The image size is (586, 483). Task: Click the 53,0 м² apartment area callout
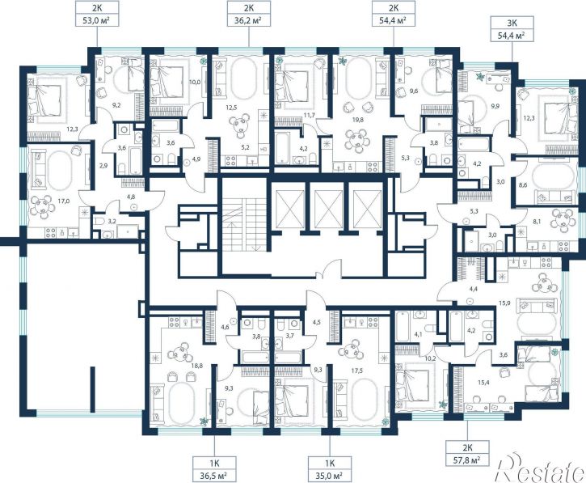(97, 20)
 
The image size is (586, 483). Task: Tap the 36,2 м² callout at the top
(249, 20)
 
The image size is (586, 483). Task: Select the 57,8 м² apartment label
(467, 459)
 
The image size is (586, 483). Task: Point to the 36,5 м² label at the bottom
(214, 476)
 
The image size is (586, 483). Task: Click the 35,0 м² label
(329, 476)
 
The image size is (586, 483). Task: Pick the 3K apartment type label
(512, 23)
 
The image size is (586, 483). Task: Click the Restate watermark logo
(541, 467)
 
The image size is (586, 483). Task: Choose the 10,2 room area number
(431, 358)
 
